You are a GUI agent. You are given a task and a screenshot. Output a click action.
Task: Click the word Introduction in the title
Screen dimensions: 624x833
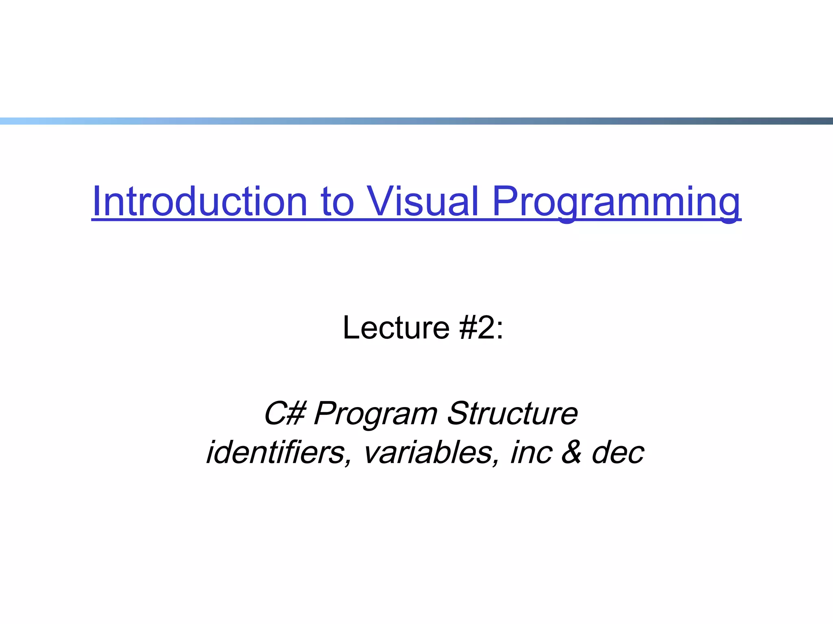click(199, 201)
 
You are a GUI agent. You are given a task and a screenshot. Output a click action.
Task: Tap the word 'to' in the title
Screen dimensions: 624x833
click(337, 202)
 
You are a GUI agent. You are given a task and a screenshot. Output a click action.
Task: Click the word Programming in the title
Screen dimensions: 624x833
click(616, 201)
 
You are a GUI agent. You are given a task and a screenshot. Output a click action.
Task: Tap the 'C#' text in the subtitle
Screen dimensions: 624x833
click(284, 414)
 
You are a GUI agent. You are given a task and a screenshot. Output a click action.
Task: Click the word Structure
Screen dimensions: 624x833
click(512, 414)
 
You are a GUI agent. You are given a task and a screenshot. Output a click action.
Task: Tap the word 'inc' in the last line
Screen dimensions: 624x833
click(531, 453)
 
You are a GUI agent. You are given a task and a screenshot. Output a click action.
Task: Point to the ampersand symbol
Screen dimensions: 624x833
click(572, 453)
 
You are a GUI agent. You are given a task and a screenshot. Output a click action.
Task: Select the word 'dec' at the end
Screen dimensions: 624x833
click(618, 453)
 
